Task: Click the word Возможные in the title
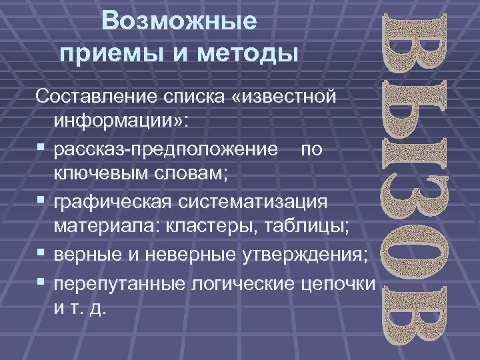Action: click(179, 22)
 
